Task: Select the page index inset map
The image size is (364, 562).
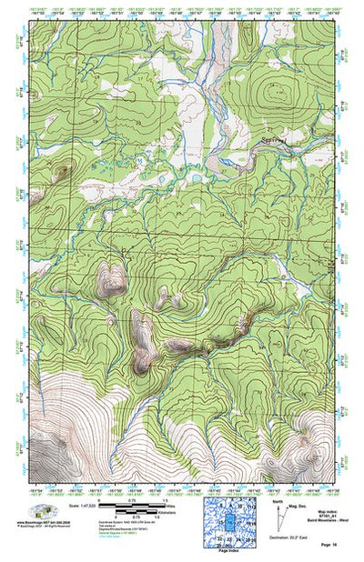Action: point(231,522)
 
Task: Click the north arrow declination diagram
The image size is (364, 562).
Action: point(284,518)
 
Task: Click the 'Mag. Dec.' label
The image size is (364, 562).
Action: point(295,505)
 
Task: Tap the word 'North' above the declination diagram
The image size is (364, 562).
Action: point(278,500)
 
